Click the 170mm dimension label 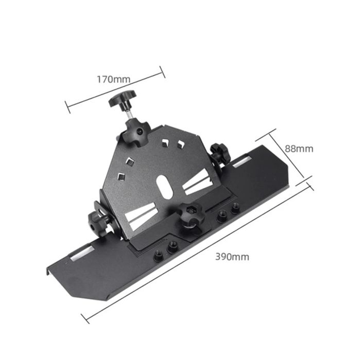113,79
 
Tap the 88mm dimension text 299,149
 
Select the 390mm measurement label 232,257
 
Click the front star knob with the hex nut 191,214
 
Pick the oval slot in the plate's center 164,187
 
